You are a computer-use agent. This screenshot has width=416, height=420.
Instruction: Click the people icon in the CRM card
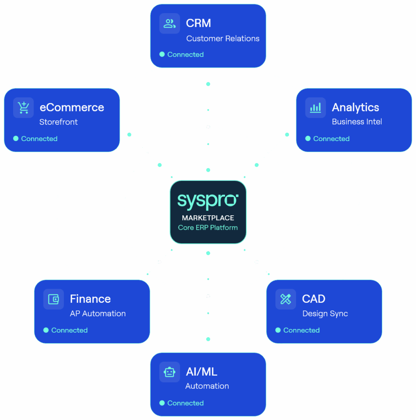[170, 23]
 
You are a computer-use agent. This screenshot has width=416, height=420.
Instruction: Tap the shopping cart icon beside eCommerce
[23, 107]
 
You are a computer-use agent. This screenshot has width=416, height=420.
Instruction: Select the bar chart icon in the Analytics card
[316, 107]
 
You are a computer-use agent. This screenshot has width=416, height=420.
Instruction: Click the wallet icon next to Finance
[54, 299]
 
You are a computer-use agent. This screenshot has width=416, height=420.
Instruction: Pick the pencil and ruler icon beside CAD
[286, 299]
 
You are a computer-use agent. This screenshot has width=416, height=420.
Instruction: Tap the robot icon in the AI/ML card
[170, 372]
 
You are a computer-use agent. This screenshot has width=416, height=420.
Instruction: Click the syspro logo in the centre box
[208, 201]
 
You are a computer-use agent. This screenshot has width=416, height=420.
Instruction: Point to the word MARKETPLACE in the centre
[208, 218]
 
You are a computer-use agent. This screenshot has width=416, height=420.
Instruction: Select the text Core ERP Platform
[208, 227]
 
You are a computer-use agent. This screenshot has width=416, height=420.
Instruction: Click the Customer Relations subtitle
[223, 39]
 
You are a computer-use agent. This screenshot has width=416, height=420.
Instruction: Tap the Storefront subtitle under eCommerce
[59, 122]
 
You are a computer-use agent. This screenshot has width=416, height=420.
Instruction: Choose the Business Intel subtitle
[357, 122]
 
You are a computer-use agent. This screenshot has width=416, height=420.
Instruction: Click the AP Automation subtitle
[98, 313]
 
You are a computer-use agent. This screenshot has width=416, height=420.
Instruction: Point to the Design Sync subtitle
[325, 313]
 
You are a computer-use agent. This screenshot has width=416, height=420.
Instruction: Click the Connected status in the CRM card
[185, 55]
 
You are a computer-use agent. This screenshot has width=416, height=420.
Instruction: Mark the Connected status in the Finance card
[69, 330]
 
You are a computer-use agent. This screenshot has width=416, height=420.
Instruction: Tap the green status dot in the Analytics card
[308, 139]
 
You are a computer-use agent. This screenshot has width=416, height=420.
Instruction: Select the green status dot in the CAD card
[278, 330]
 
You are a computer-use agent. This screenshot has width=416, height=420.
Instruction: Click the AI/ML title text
[201, 372]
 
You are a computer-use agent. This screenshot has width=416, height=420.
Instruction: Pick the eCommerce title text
[72, 107]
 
